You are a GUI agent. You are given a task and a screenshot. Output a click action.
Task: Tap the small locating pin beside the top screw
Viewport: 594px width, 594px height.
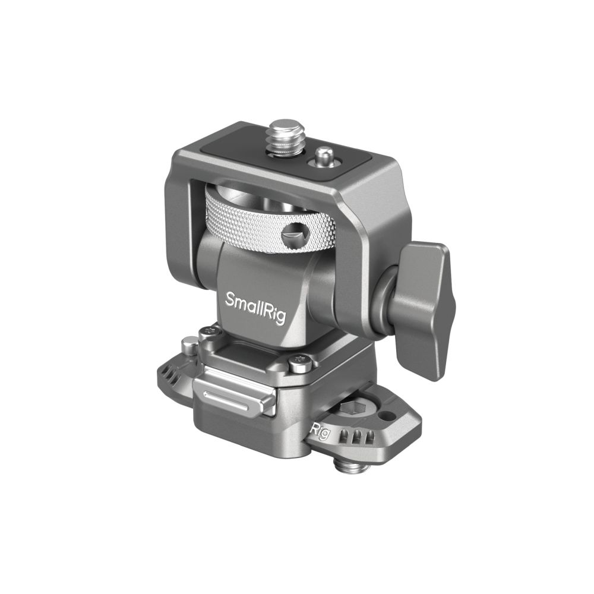point(323,158)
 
